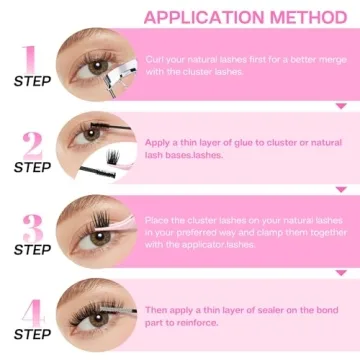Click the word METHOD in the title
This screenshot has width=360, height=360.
click(297, 16)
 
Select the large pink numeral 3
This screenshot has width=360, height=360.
click(32, 227)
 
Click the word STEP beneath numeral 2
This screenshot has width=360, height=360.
click(32, 166)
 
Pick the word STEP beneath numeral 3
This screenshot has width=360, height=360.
click(32, 250)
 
